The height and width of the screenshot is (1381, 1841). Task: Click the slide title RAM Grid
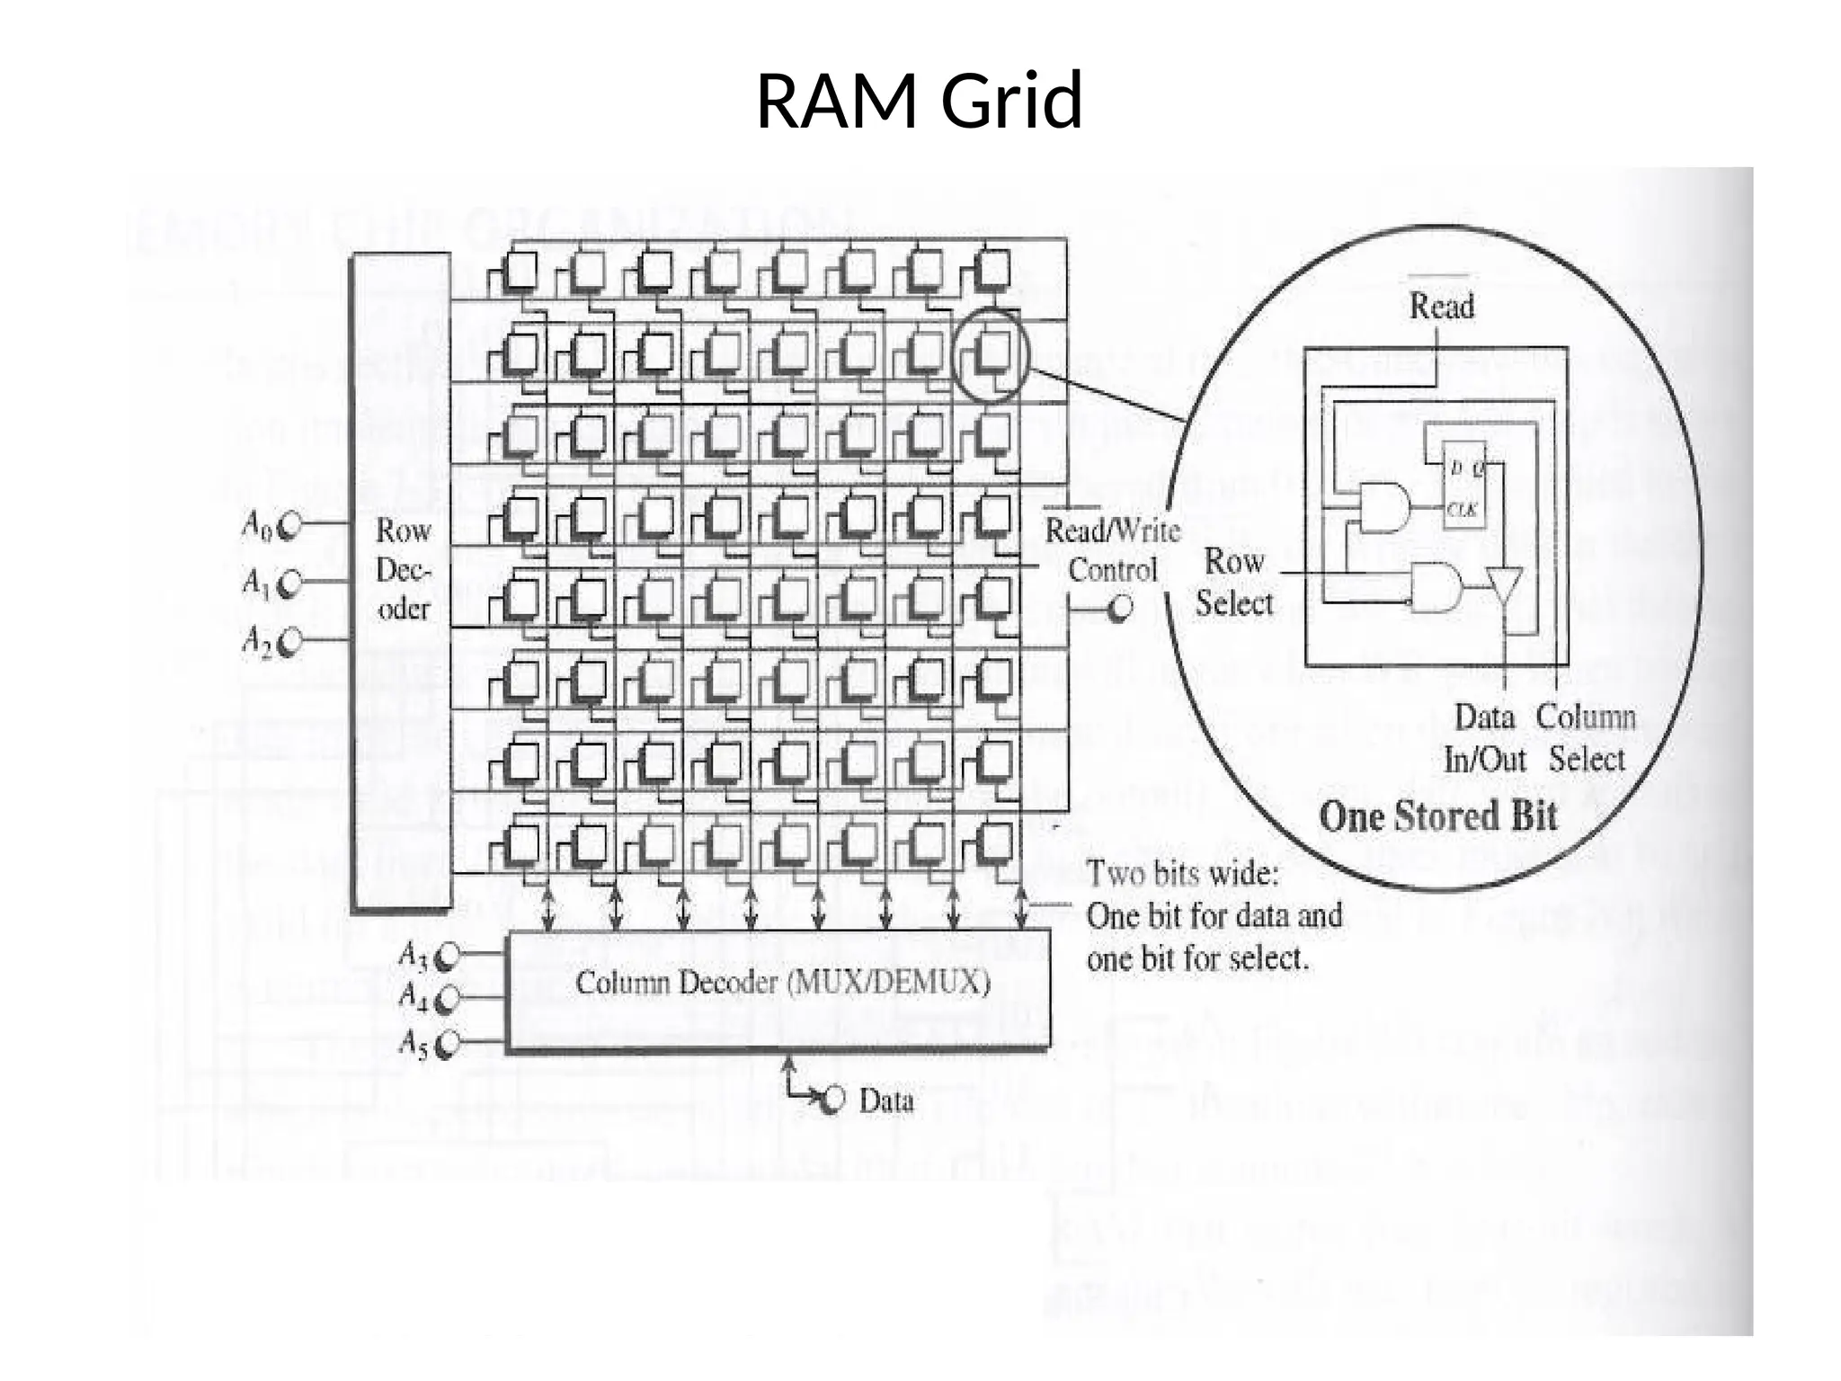[919, 101]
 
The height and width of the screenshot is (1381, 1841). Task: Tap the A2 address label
[256, 641]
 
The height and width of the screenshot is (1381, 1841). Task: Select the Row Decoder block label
[404, 569]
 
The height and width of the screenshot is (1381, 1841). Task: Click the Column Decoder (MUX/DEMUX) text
[782, 983]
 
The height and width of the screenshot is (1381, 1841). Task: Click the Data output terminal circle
[834, 1099]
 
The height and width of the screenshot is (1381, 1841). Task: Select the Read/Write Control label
[1112, 550]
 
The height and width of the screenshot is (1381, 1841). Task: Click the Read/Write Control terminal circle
[1120, 610]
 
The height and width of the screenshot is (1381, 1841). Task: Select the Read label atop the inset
[1441, 307]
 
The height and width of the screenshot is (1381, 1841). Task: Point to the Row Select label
[1234, 582]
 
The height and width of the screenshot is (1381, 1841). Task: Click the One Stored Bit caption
[1437, 816]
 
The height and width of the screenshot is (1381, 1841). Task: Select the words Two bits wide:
[1182, 873]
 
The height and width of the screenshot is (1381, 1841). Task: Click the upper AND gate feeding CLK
[1383, 507]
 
